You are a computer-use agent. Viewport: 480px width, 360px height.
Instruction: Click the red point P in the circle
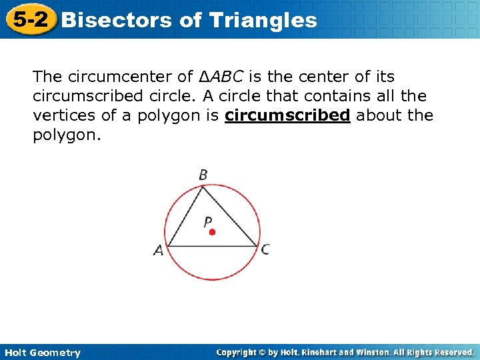[212, 232]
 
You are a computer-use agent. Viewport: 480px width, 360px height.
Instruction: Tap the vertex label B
[203, 175]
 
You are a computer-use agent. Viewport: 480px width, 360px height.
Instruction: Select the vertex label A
[159, 251]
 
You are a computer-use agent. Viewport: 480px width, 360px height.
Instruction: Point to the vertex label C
[265, 249]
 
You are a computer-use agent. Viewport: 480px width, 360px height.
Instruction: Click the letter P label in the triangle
[208, 221]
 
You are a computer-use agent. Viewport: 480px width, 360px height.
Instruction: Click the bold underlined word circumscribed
[287, 115]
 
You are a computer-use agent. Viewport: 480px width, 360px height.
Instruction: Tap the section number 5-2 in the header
[29, 19]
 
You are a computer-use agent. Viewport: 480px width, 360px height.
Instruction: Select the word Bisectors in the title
[117, 20]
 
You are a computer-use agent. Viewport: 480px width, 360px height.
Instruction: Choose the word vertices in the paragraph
[64, 115]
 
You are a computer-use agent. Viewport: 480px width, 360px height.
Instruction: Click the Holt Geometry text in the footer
[41, 353]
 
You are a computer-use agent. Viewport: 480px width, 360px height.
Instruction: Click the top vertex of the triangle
[203, 187]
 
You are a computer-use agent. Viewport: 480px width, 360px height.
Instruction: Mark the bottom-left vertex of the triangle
[167, 246]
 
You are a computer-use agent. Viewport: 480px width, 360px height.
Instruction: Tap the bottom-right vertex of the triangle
[258, 246]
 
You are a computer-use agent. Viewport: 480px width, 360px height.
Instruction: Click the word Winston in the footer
[379, 352]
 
